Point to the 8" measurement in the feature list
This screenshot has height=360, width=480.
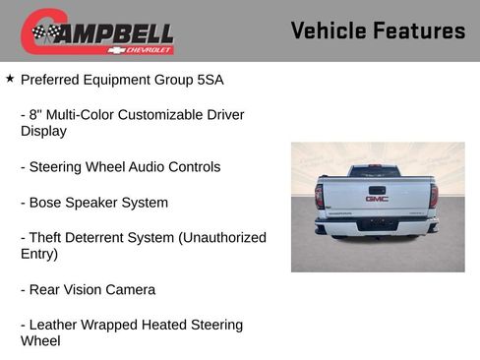(40, 115)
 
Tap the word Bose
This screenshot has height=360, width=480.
(47, 203)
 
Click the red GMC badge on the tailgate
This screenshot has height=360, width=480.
(377, 199)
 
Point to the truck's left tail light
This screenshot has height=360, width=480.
(319, 196)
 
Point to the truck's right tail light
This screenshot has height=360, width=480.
(434, 196)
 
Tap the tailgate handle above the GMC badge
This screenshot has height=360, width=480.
(377, 189)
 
